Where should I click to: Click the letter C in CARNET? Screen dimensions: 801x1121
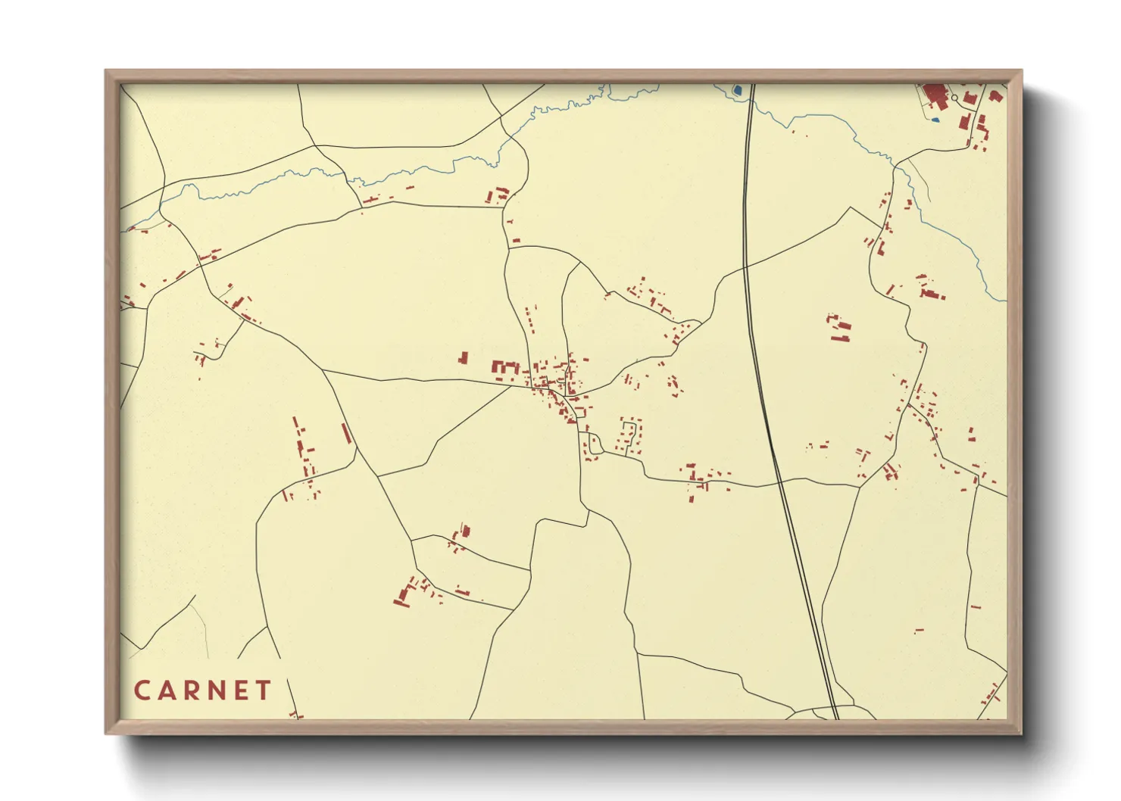[x=142, y=690]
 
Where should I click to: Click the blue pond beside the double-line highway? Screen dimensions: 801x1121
[x=737, y=91]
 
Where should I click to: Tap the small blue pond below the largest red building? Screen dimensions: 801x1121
[x=935, y=119]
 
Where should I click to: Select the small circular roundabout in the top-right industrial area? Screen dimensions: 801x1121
[x=954, y=98]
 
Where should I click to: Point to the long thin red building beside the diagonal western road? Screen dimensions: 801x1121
[x=347, y=433]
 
